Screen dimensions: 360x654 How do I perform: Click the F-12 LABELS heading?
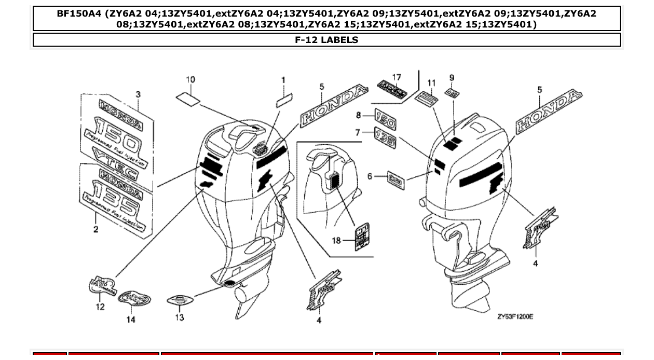pos(326,40)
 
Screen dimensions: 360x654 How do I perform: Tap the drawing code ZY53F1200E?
pos(515,316)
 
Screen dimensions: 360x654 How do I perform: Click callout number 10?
pos(190,79)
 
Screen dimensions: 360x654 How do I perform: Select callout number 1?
pos(283,80)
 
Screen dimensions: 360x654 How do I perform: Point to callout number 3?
pos(138,94)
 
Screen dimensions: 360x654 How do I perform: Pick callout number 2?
pos(96,229)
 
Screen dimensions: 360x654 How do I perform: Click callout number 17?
pos(397,77)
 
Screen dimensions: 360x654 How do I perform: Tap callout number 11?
pos(431,83)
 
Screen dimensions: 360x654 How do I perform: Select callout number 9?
pos(452,78)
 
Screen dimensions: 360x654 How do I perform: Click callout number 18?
pos(336,241)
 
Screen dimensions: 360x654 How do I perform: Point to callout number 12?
pos(100,307)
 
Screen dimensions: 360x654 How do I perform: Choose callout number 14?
pos(131,320)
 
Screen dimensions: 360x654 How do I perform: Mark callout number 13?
pos(179,317)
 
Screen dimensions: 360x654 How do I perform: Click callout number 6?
pos(370,176)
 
